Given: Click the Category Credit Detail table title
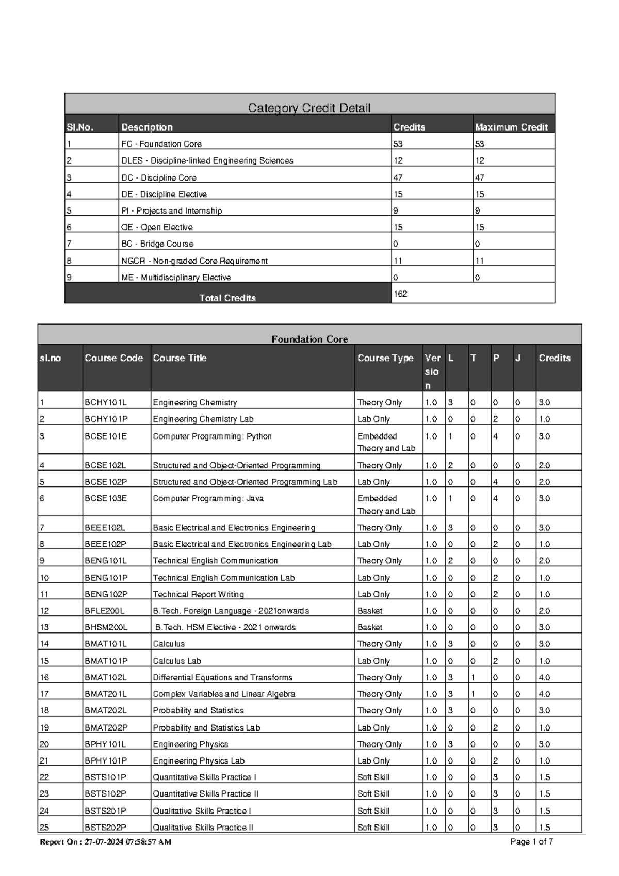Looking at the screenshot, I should coord(309,108).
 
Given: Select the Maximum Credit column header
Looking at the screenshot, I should coord(511,127).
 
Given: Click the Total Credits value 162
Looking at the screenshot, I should coord(400,294).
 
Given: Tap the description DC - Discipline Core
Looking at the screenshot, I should coord(158,177).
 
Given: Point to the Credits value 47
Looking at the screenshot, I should coord(398,177).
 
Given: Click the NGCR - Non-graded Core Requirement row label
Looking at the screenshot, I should coord(194,261).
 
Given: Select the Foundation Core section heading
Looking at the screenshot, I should coord(309,339).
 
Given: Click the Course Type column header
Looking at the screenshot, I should coord(385,358).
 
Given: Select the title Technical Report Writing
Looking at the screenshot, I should coord(198,594).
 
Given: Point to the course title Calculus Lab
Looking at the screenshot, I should coord(177,661).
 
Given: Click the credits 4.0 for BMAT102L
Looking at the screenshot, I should coord(544,677).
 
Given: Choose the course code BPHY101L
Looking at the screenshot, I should coord(105,744).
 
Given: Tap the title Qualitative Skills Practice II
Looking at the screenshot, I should coord(203,828).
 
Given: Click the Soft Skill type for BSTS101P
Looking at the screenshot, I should coord(373,777).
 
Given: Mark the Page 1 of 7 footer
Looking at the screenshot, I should coord(531,842).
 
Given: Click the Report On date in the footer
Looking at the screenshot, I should coord(106,842).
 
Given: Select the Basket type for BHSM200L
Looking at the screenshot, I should coord(370,628).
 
